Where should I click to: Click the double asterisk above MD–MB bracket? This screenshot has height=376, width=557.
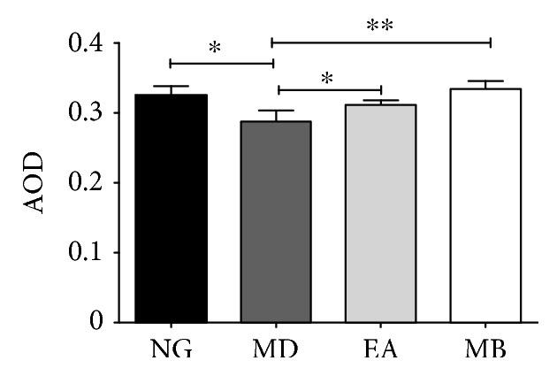(x=380, y=26)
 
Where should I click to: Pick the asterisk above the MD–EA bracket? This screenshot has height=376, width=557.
(x=327, y=78)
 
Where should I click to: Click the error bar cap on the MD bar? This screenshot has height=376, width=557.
(x=276, y=111)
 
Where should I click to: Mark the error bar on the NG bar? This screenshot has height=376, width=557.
(x=172, y=88)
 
